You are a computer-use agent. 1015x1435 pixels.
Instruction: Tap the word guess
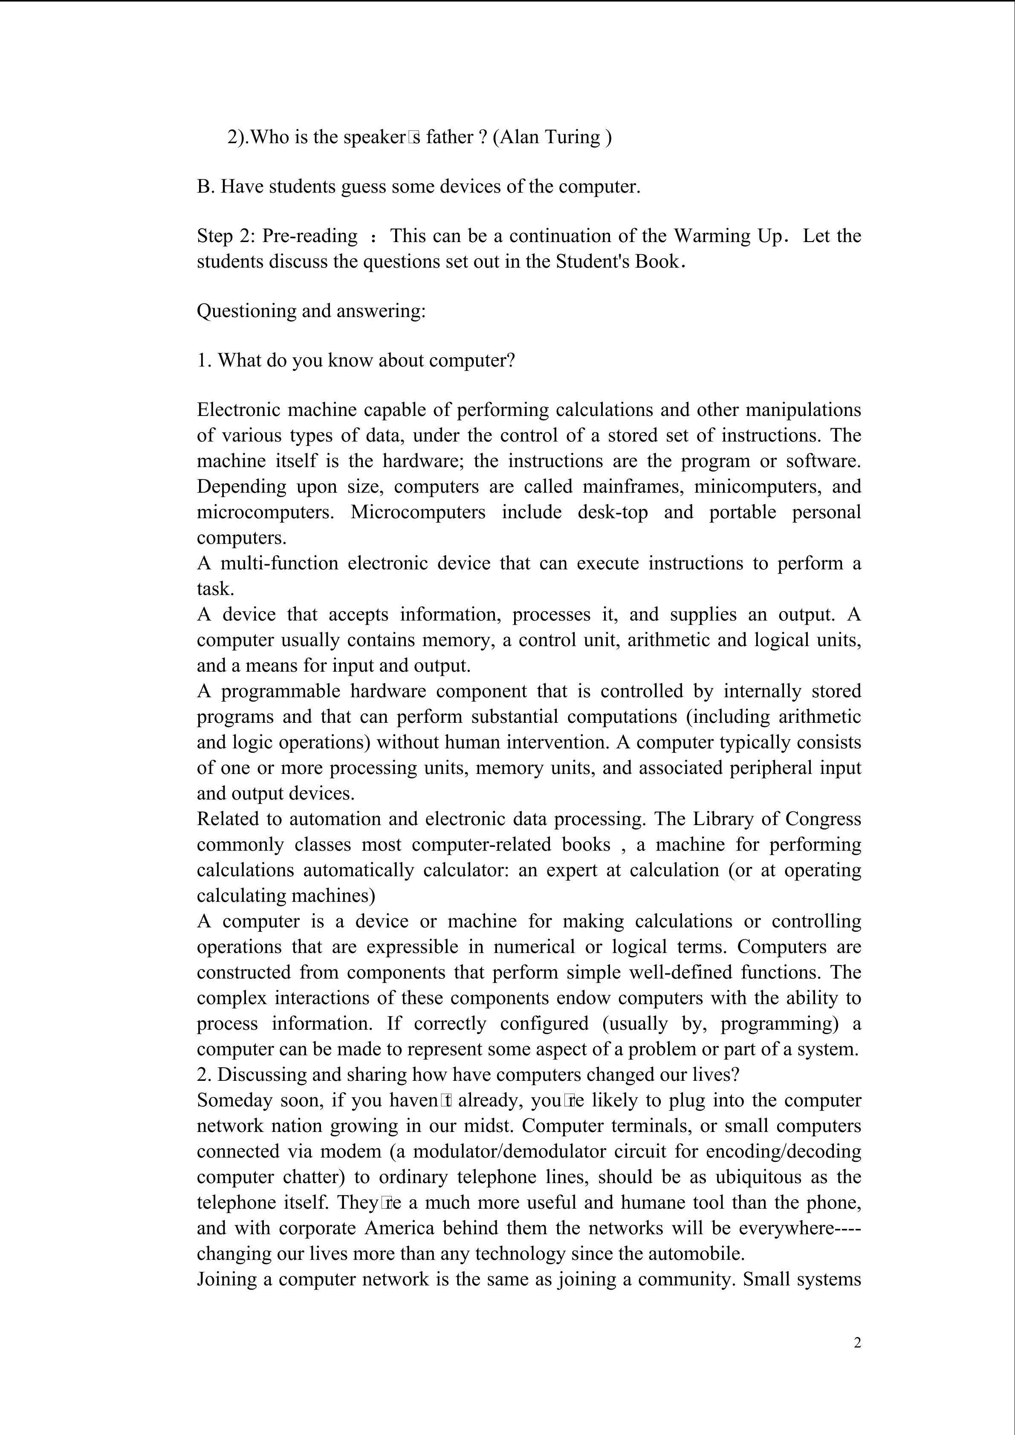tap(364, 187)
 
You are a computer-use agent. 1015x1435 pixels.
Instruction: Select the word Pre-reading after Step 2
tap(309, 236)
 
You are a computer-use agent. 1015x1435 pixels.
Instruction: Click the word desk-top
tap(613, 512)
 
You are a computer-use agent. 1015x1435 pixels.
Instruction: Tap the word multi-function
tap(279, 563)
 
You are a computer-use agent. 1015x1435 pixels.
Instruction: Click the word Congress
tap(823, 819)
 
